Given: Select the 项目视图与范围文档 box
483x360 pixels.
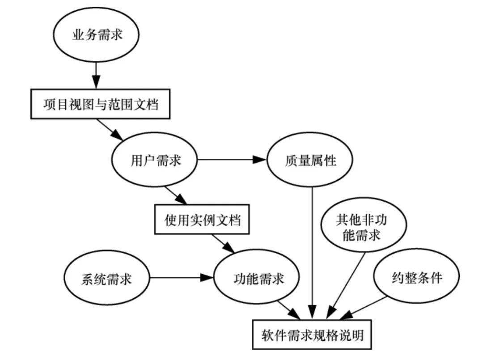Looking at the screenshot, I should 100,104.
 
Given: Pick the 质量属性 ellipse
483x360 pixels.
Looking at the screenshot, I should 310,160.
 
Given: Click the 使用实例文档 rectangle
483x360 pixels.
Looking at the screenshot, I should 202,220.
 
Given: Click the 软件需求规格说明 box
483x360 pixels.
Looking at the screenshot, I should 312,334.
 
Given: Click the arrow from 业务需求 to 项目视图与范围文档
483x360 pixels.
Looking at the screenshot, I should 95,75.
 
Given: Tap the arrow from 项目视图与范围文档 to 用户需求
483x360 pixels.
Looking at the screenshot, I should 110,129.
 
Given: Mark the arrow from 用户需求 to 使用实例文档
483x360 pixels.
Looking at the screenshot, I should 175,195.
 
